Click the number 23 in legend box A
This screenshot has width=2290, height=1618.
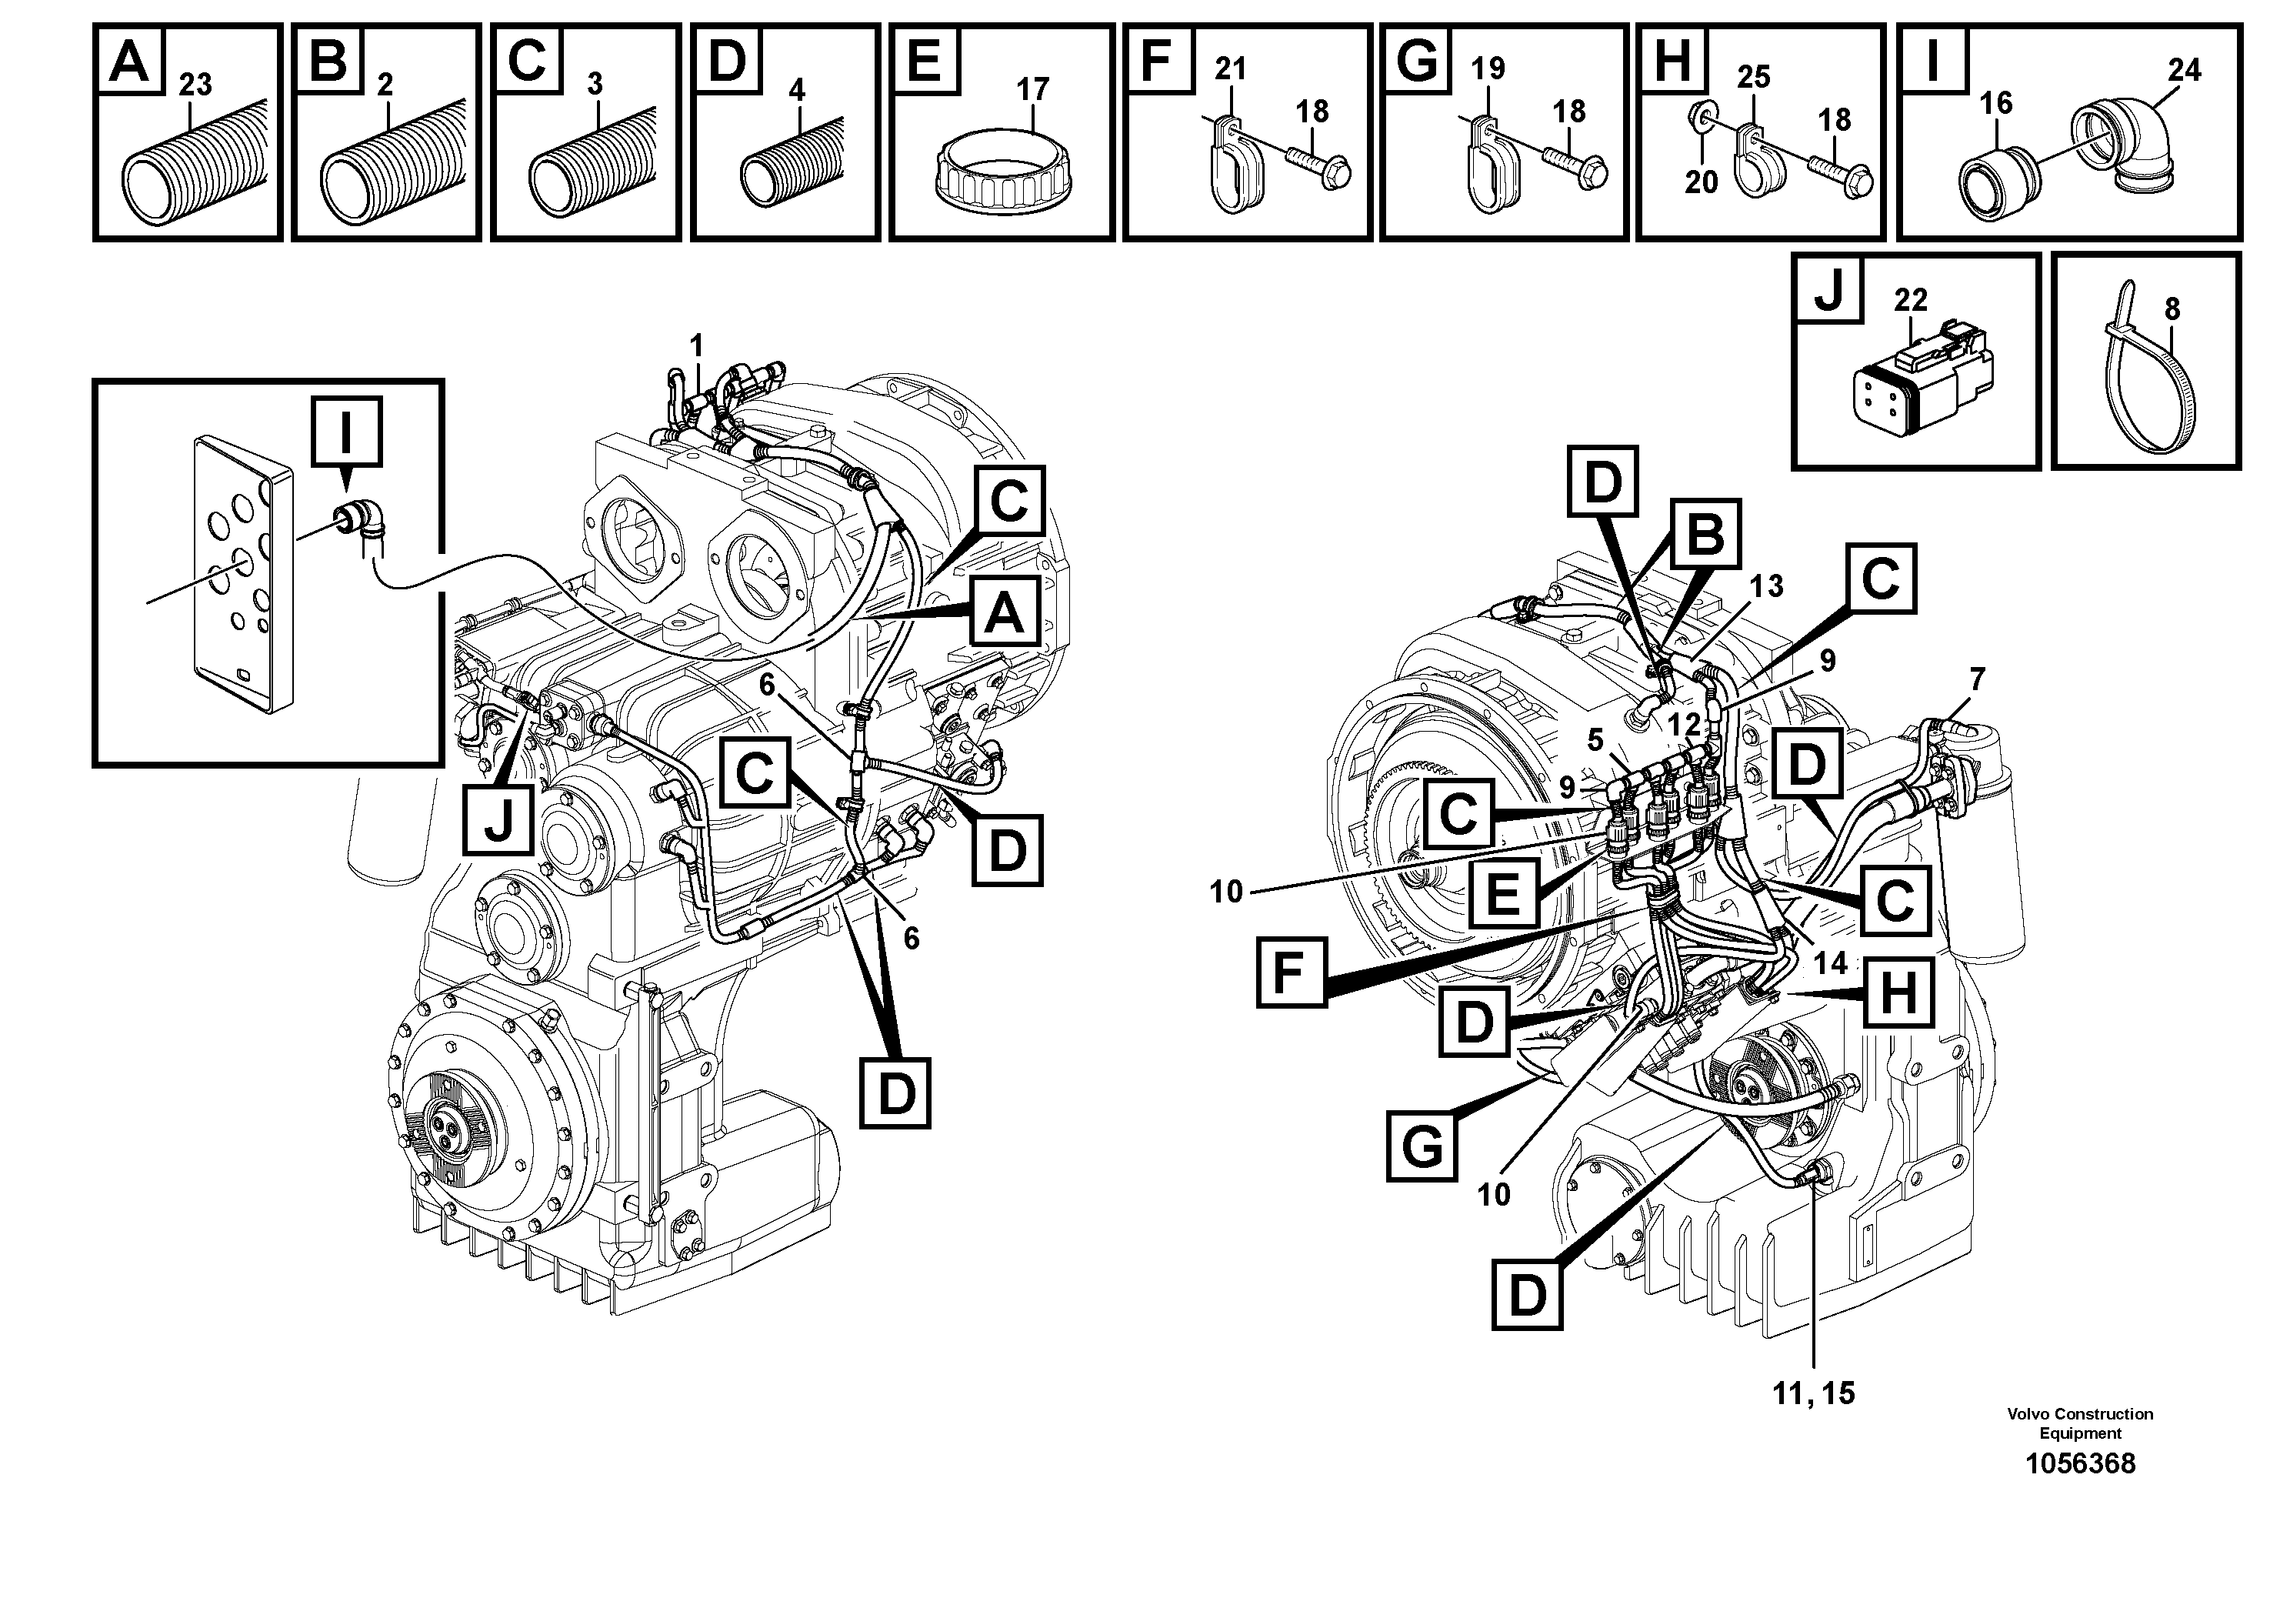[195, 85]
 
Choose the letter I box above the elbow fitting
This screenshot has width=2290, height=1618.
[346, 431]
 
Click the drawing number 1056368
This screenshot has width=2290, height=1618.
[2079, 1463]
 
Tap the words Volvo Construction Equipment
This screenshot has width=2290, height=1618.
[2079, 1423]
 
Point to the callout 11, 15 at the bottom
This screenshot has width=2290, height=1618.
[1813, 1393]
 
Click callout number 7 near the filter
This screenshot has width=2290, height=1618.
[1976, 679]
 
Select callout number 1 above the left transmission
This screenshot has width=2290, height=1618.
[696, 346]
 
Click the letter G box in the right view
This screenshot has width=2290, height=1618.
[1422, 1146]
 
